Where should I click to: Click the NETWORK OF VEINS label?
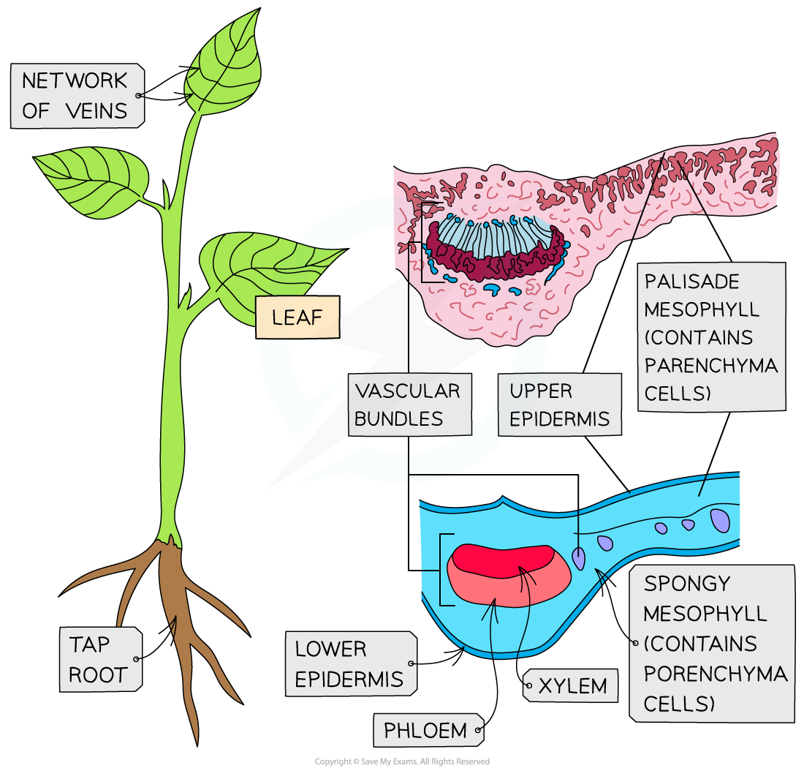click(76, 96)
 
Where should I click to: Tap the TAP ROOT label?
click(99, 659)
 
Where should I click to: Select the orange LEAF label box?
click(297, 317)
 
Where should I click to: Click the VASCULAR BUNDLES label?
click(409, 405)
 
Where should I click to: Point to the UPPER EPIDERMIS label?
click(559, 405)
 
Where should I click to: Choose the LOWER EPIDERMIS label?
click(349, 663)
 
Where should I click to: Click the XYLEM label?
click(572, 686)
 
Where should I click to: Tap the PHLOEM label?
click(426, 730)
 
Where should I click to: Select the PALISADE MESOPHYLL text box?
click(710, 337)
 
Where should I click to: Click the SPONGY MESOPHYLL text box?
click(710, 643)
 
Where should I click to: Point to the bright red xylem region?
click(501, 560)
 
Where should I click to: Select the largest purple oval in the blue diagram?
click(720, 520)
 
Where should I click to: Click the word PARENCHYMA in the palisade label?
click(710, 365)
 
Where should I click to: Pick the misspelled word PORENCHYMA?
click(715, 673)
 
